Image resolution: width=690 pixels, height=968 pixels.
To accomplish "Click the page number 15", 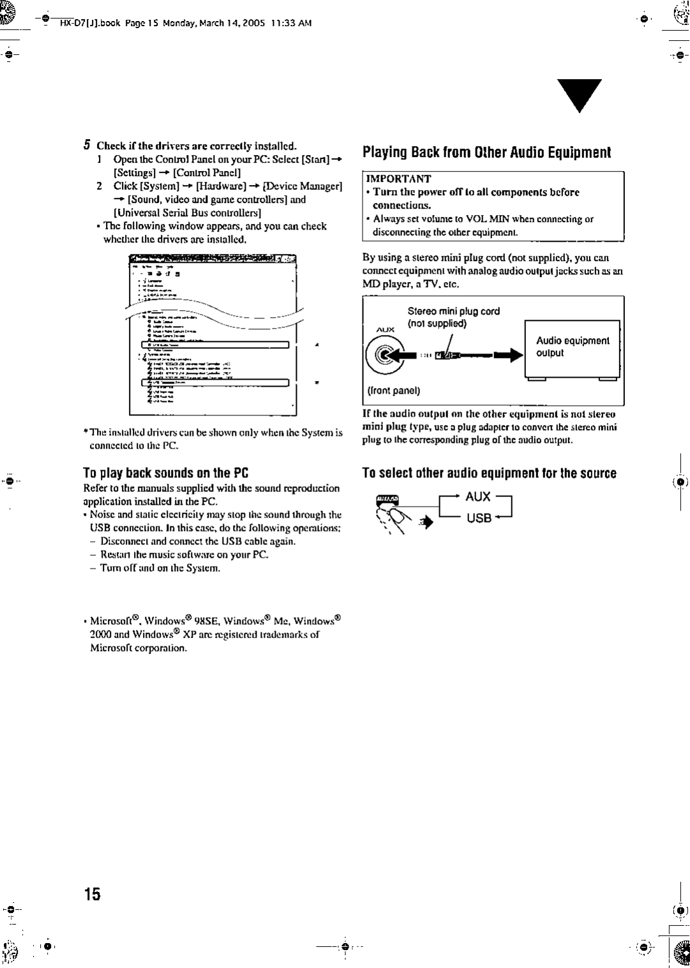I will point(92,893).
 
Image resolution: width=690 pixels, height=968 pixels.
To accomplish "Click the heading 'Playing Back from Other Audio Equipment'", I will point(486,153).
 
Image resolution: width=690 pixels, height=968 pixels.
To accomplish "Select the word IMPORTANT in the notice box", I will point(399,179).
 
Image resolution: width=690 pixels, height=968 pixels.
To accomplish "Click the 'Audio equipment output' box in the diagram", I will point(572,347).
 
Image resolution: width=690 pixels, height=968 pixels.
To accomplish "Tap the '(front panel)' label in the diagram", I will point(392,391).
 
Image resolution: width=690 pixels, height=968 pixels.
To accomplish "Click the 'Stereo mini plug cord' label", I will point(453,311).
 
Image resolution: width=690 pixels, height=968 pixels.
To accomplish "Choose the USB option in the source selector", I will point(478,518).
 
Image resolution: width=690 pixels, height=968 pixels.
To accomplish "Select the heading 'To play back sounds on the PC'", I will point(165,473).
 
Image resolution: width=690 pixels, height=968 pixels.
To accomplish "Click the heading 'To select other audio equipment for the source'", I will point(489,473).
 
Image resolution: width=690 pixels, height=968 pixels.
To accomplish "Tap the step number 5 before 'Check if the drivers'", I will point(88,145).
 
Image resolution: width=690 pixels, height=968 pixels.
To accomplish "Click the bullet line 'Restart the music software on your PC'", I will point(184,555).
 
